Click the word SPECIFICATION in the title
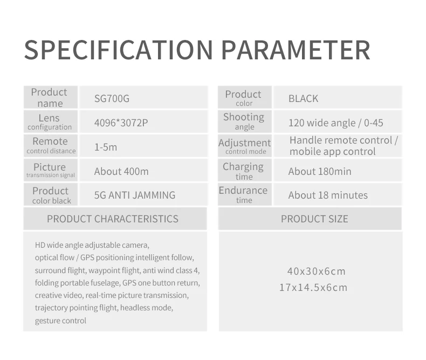(119, 50)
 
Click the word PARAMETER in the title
(296, 50)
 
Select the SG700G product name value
(112, 98)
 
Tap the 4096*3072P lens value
(121, 123)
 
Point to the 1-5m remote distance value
(106, 147)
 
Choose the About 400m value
(121, 171)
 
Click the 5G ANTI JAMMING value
(135, 195)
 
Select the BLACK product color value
(303, 98)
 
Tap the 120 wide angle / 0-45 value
(336, 123)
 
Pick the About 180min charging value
(320, 171)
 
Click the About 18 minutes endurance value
(328, 195)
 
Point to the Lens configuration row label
(50, 122)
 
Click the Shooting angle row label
(244, 121)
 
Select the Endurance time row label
(243, 195)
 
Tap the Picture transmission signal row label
(50, 171)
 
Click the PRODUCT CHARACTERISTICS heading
(113, 219)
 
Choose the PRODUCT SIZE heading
(314, 219)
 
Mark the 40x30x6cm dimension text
(316, 271)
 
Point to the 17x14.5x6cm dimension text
(313, 287)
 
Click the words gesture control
(60, 321)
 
